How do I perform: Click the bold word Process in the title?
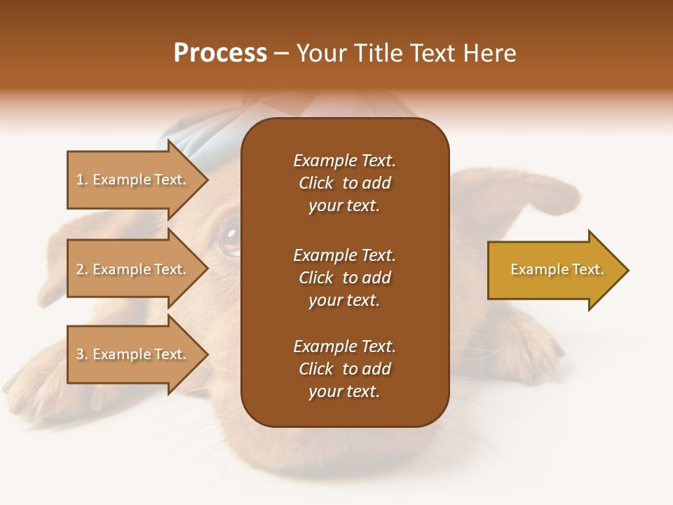pyautogui.click(x=220, y=53)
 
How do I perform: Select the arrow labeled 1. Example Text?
pyautogui.click(x=133, y=180)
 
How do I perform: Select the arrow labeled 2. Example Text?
pyautogui.click(x=133, y=269)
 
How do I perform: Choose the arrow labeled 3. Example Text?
pyautogui.click(x=133, y=354)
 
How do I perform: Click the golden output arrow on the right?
pyautogui.click(x=554, y=270)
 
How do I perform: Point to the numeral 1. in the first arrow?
pyautogui.click(x=81, y=180)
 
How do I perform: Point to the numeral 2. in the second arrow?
pyautogui.click(x=81, y=269)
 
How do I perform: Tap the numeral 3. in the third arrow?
pyautogui.click(x=81, y=354)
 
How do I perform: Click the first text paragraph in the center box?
pyautogui.click(x=344, y=183)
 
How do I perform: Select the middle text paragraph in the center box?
pyautogui.click(x=344, y=278)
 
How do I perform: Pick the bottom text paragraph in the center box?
pyautogui.click(x=344, y=369)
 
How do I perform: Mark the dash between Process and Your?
pyautogui.click(x=281, y=54)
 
